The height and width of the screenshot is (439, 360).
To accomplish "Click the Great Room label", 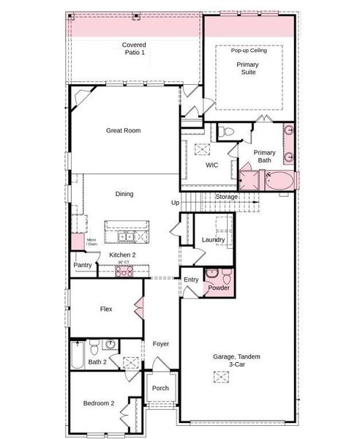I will [x=123, y=131].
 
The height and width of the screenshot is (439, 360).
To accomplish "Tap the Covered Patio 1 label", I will [x=134, y=49].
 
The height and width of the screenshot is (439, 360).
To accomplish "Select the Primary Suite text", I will [x=247, y=69].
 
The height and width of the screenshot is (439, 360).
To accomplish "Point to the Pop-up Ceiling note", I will [x=249, y=50].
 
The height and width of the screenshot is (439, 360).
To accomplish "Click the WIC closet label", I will [x=211, y=165].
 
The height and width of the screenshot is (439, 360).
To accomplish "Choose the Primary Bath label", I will [x=264, y=156].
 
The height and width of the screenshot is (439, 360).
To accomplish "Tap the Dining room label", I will [x=124, y=194].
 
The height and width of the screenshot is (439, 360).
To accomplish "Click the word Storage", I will [x=227, y=198].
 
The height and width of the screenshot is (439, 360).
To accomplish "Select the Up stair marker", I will [x=175, y=203].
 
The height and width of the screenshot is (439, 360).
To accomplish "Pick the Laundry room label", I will [x=213, y=239].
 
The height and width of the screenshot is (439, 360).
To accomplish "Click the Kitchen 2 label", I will [x=122, y=255].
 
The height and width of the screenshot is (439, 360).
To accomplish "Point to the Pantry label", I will [x=83, y=266].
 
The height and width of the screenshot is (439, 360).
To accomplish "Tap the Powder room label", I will [x=218, y=288].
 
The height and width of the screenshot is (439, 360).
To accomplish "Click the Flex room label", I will [x=106, y=309].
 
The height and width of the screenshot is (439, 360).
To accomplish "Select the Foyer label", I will [x=160, y=343].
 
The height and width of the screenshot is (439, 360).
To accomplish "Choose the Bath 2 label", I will [x=98, y=361].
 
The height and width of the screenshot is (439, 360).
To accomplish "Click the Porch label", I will [x=160, y=389].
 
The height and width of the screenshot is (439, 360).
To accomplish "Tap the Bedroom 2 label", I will [x=98, y=403].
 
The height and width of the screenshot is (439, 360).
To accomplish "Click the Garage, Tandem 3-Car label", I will [x=236, y=361].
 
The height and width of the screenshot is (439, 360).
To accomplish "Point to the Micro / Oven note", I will [x=91, y=241].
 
